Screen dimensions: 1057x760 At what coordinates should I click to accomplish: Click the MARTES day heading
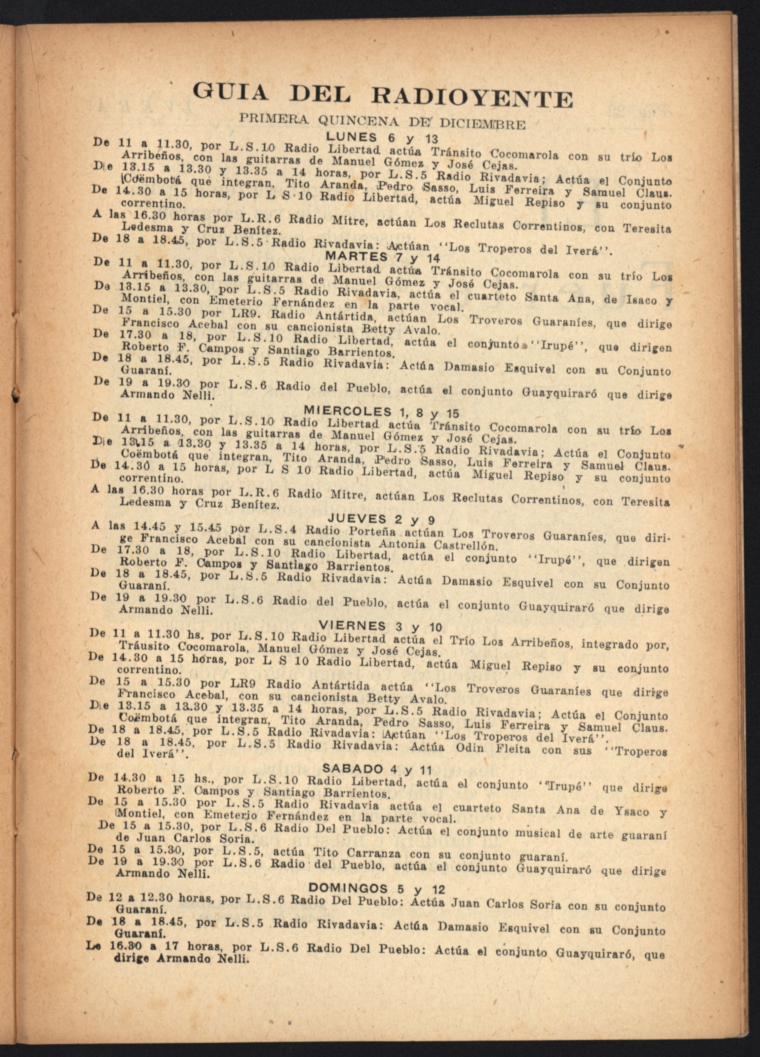(x=356, y=256)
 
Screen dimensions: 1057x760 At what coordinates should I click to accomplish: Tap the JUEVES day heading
(x=358, y=519)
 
